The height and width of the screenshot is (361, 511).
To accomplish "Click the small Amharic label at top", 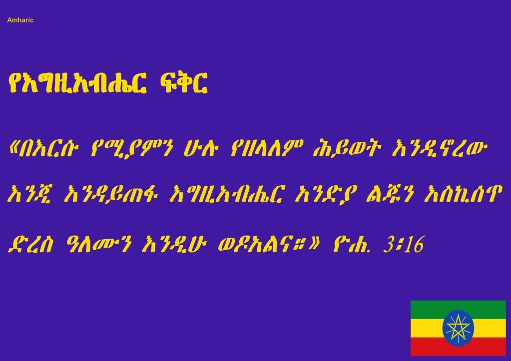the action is click(20, 20).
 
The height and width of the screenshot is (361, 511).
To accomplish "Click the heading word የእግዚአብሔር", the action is click(77, 84).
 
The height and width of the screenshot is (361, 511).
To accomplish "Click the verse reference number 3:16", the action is click(404, 244).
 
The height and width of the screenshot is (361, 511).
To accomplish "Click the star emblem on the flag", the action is click(458, 328).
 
